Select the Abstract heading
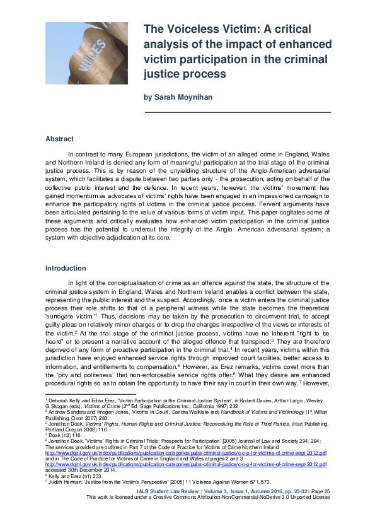(59, 139)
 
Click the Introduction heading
(65, 268)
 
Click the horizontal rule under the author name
(238, 112)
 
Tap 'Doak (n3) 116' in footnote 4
(63, 434)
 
